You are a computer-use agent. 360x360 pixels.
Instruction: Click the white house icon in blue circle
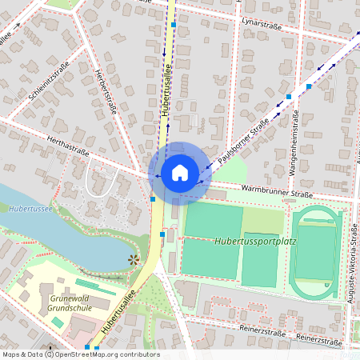(180, 172)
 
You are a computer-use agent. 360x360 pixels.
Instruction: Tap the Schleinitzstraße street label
(49, 82)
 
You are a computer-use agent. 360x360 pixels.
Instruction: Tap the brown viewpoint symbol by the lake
(133, 259)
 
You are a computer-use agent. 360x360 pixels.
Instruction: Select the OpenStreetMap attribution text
(80, 354)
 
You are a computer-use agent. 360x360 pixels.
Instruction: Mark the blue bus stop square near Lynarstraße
(174, 26)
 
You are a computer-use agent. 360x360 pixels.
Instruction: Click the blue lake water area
(64, 232)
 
